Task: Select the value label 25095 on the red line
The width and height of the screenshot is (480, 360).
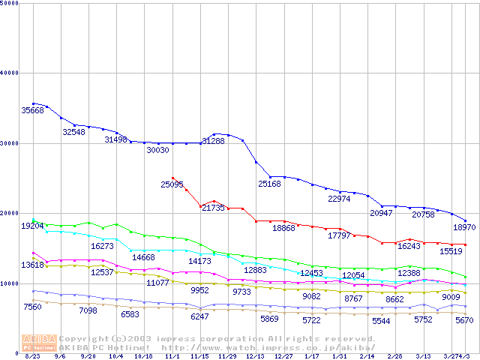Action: (x=172, y=184)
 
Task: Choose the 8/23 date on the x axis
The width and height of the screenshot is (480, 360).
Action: (x=33, y=356)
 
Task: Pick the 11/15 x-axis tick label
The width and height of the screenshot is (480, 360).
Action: (x=199, y=356)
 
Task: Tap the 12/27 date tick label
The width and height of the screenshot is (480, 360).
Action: (x=283, y=356)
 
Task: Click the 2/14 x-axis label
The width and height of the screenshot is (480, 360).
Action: (x=367, y=356)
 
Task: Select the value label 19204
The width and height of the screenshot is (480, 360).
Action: (x=32, y=226)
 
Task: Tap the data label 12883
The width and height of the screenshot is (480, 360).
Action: (x=256, y=270)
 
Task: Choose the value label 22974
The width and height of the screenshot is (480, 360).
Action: (x=340, y=199)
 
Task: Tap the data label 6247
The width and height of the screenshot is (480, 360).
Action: (x=199, y=316)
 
